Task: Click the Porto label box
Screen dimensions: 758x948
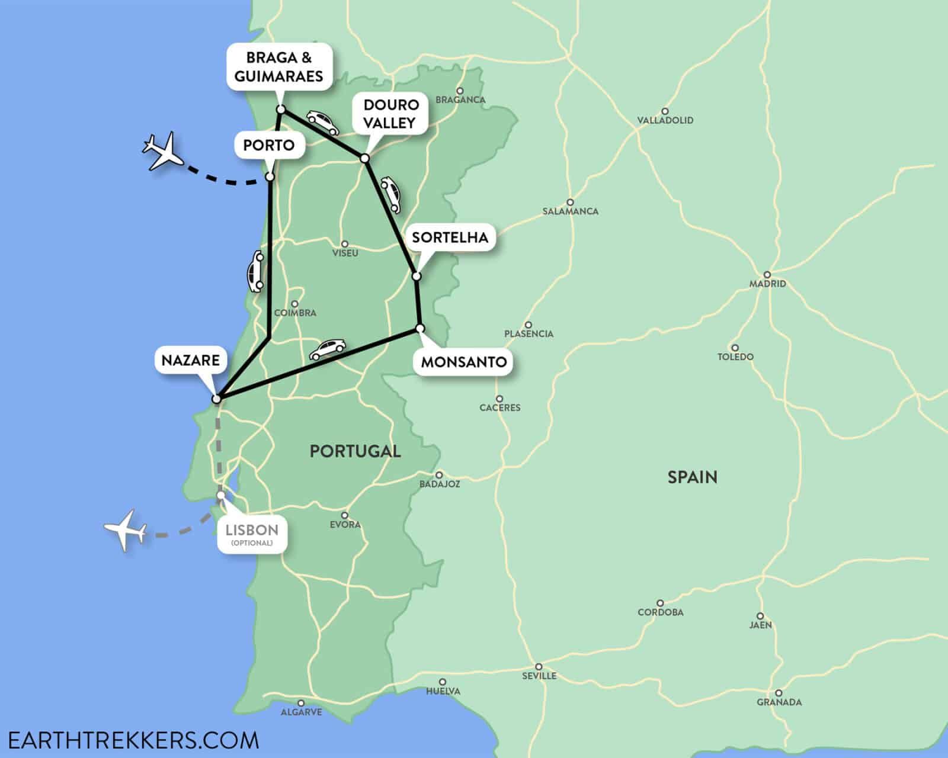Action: click(269, 145)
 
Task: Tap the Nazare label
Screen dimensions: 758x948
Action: click(191, 359)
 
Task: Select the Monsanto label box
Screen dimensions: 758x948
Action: click(464, 361)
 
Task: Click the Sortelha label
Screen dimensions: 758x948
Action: click(450, 237)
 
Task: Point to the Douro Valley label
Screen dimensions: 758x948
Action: click(391, 114)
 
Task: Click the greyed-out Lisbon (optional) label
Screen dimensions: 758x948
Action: click(252, 532)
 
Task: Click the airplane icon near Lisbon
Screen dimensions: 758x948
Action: click(126, 529)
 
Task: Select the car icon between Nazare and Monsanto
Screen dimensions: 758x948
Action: click(326, 349)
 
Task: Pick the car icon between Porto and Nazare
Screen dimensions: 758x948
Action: click(256, 272)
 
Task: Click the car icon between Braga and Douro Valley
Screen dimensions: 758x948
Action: click(322, 122)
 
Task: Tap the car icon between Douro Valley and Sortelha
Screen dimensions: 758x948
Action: click(392, 193)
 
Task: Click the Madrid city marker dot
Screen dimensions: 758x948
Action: click(767, 274)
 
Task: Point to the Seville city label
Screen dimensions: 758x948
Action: click(539, 675)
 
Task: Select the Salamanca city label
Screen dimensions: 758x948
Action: click(571, 211)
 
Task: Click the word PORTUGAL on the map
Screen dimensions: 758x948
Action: click(355, 451)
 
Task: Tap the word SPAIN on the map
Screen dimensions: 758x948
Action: click(692, 477)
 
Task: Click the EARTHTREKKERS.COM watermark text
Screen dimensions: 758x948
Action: click(131, 740)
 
